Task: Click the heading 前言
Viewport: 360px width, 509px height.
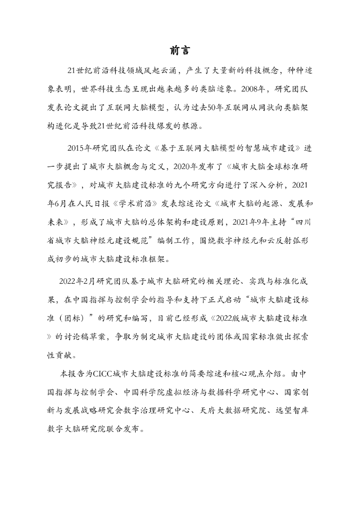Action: pos(180,50)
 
